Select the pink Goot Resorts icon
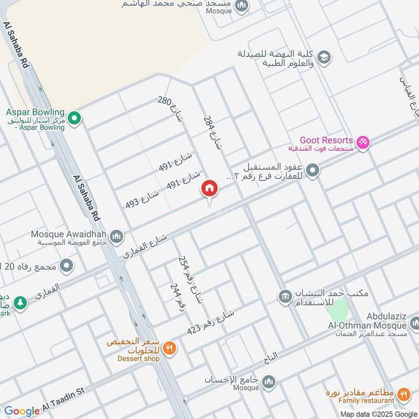point(363,142)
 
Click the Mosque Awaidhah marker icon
point(117,236)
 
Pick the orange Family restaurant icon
point(403,394)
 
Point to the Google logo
point(22,411)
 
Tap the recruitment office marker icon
point(285,296)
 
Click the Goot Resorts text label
point(326,140)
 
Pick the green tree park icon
point(20,303)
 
